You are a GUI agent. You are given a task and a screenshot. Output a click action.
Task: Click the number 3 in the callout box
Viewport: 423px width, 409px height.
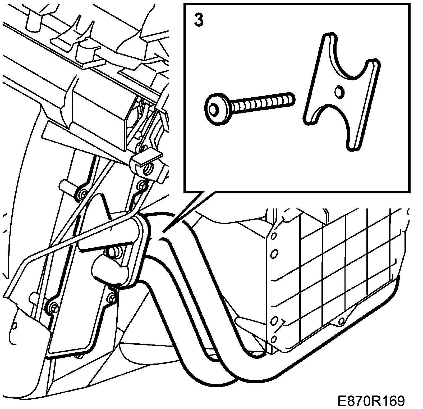tap(199, 20)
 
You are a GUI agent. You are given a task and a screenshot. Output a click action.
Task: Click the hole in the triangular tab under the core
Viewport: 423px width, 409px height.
tap(341, 321)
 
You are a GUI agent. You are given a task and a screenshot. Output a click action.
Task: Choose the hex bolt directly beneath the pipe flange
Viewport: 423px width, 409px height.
tap(113, 298)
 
